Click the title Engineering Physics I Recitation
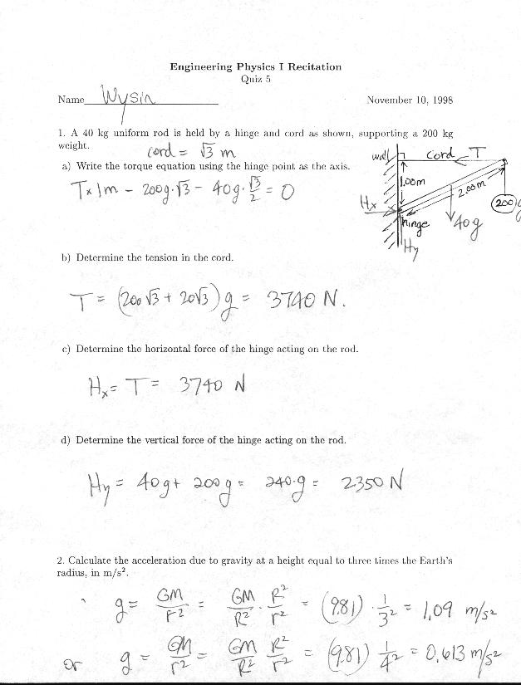[x=255, y=66]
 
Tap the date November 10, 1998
[x=409, y=100]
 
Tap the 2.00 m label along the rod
[x=471, y=192]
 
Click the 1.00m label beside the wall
[x=414, y=180]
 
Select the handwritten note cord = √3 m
[x=192, y=151]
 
